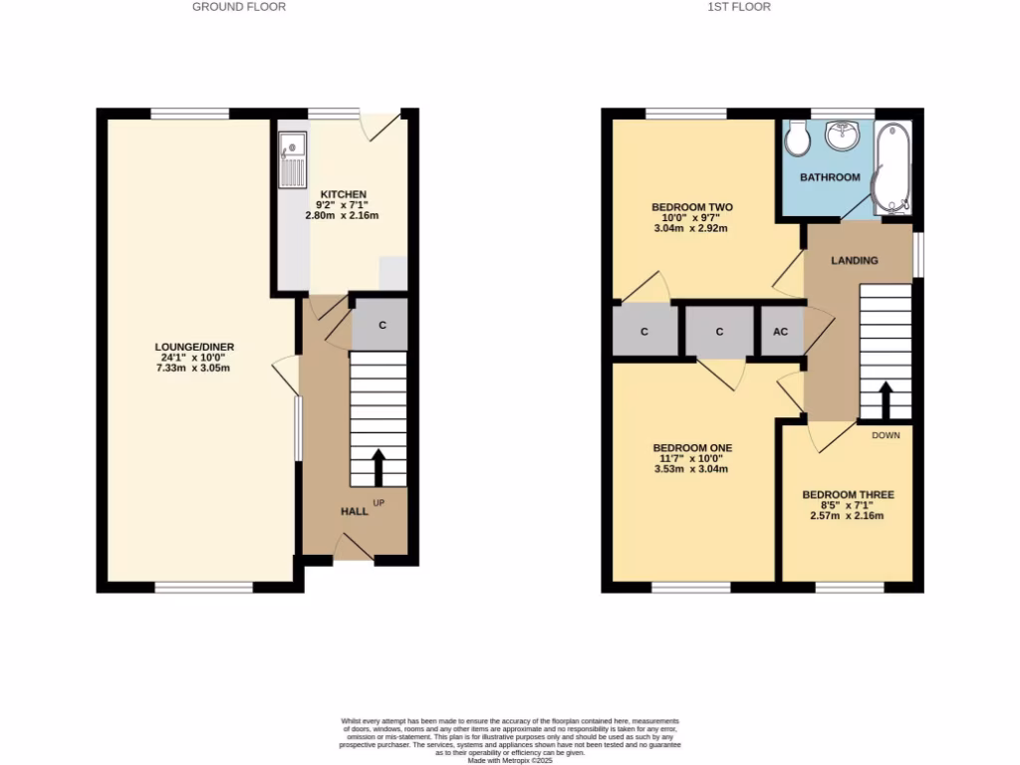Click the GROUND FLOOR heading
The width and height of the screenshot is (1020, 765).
239,7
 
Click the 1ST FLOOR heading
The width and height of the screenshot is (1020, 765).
738,7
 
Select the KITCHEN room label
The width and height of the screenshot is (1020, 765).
343,194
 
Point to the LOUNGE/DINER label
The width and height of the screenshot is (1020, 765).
194,347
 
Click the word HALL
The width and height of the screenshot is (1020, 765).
355,511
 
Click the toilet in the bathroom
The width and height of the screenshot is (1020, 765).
797,139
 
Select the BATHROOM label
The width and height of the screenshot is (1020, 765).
831,177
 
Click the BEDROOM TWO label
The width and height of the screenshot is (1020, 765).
692,207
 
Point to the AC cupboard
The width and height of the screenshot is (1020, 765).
781,332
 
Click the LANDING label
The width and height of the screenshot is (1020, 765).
855,261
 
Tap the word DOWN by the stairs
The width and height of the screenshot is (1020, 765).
886,435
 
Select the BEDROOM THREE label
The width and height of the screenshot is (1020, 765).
848,494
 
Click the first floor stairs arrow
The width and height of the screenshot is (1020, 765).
884,399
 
